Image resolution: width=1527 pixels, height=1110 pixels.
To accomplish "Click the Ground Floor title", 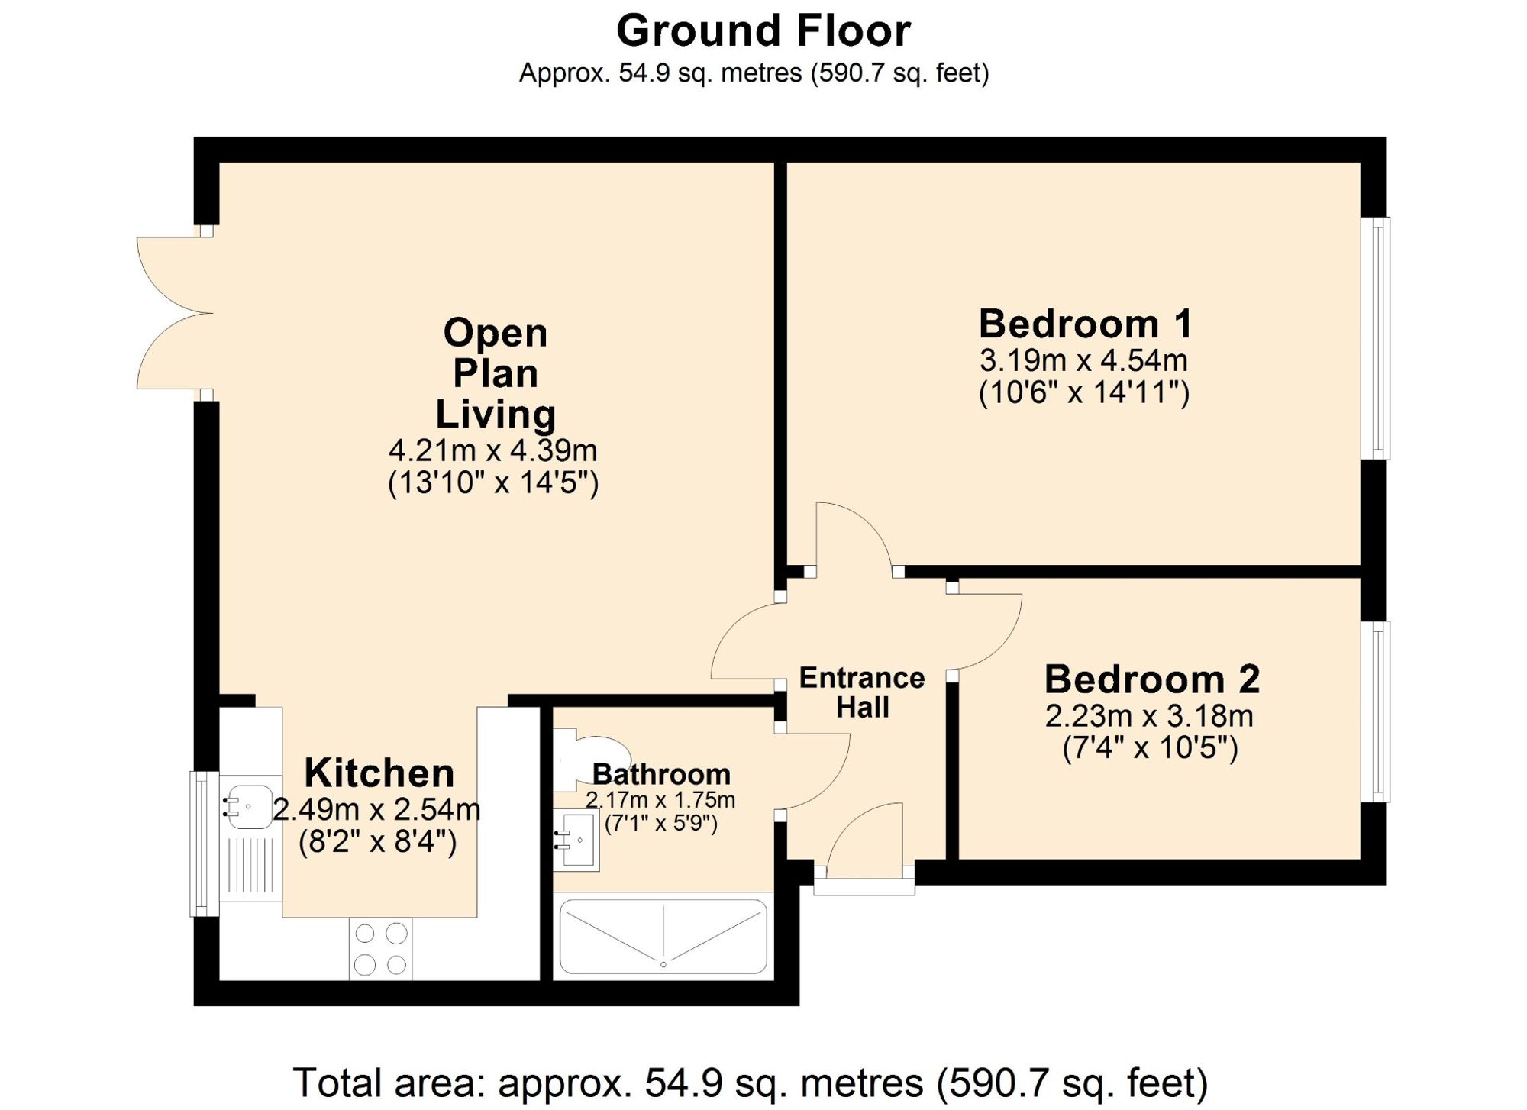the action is [763, 31].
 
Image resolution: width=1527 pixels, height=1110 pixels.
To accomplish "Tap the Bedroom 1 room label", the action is [1085, 324].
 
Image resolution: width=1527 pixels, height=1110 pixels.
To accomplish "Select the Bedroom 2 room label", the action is [1151, 679].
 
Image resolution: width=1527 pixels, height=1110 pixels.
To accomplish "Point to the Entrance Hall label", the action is [862, 692].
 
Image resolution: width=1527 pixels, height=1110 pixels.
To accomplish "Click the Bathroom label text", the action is [661, 774].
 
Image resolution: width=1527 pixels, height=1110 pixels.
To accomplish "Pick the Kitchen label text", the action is [379, 773].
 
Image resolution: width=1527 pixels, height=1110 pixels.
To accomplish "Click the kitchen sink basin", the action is [248, 807].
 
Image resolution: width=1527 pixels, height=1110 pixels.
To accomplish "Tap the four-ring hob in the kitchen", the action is [380, 949].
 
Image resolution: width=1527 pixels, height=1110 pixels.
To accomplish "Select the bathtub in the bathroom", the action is [663, 937].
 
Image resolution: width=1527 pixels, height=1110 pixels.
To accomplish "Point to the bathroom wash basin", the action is [576, 840].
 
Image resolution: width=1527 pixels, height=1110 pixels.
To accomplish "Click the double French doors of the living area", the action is [174, 313].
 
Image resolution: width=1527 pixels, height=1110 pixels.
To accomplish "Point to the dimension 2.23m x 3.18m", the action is [1149, 716].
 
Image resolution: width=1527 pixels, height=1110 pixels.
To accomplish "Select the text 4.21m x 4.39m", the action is [493, 450].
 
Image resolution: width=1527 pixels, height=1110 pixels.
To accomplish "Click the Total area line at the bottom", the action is [750, 1083].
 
